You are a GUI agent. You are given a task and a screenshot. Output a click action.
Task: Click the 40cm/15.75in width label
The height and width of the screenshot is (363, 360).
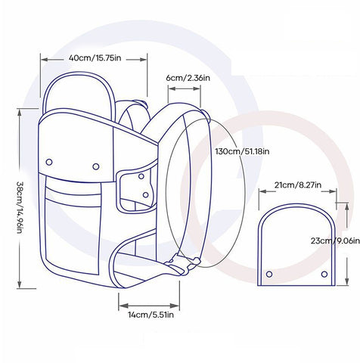tap(95, 58)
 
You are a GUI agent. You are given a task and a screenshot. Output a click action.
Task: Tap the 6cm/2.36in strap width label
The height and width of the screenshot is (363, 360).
tap(188, 78)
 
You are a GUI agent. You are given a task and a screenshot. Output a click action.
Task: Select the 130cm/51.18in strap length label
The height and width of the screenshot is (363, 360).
tap(242, 151)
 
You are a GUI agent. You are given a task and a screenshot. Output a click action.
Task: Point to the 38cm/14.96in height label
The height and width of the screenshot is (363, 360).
tap(20, 207)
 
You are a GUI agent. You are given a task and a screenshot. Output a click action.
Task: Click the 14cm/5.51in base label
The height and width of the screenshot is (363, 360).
tap(151, 315)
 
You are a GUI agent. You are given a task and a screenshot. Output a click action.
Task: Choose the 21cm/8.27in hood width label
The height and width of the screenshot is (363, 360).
tap(298, 185)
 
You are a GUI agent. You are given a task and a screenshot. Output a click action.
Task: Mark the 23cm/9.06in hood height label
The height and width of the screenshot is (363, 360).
tap(335, 240)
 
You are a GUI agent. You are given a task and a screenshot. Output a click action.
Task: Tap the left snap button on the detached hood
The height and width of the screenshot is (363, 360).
tap(269, 274)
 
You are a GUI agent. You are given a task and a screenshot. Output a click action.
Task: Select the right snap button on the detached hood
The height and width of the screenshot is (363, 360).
tap(324, 274)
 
